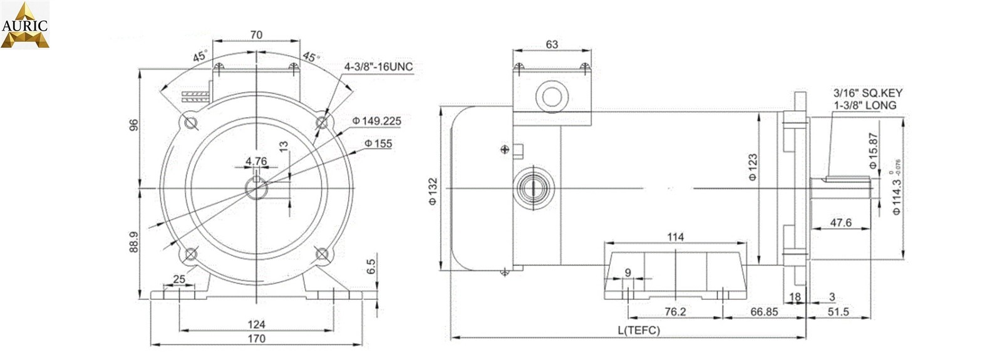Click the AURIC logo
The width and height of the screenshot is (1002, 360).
24,25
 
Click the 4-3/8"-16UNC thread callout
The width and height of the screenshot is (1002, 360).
378,67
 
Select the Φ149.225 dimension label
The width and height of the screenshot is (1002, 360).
376,121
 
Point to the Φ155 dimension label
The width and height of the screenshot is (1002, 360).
378,143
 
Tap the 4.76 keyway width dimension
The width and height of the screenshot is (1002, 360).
256,161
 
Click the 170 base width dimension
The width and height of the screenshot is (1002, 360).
256,339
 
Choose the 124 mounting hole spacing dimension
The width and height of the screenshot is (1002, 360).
256,324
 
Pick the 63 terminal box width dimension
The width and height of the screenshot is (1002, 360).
552,44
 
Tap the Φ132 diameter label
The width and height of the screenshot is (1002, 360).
432,192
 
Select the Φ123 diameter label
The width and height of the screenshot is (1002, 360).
753,167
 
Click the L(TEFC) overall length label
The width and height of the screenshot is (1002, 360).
639,330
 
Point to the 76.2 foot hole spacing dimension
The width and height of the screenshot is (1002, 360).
674,312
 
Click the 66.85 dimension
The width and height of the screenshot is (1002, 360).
764,312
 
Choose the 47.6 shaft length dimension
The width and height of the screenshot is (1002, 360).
840,222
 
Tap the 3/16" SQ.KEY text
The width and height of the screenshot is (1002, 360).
867,93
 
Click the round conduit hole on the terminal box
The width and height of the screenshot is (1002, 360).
552,97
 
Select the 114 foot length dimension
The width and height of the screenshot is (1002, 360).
675,237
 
